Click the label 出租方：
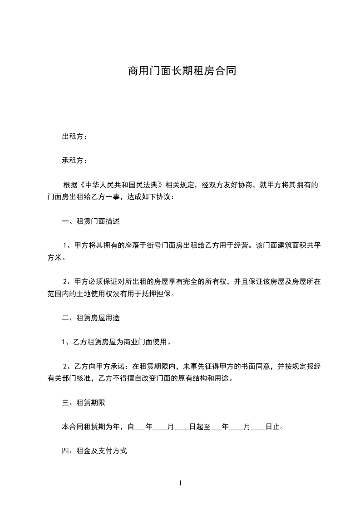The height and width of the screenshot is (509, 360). click(x=75, y=137)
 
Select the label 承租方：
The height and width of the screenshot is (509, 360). click(x=75, y=161)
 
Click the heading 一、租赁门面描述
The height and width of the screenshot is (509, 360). click(x=91, y=222)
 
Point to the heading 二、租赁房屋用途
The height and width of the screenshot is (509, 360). click(x=91, y=318)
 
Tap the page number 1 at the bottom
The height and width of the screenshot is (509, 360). click(x=180, y=483)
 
